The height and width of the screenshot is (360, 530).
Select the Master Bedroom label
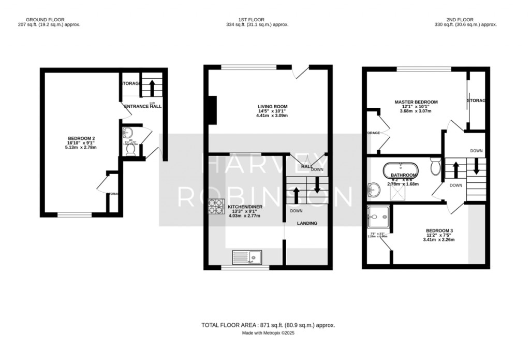(416, 102)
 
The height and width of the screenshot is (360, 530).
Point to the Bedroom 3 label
(440, 231)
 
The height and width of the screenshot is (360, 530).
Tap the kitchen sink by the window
(247, 256)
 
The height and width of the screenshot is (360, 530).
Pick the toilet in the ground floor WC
(130, 149)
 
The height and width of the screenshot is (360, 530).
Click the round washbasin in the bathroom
(373, 191)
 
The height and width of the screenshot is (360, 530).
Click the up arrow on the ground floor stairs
(152, 87)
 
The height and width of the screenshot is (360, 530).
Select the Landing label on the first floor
(307, 223)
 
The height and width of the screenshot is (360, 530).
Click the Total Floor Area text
(268, 325)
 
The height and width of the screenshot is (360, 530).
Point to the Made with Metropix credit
(268, 333)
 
